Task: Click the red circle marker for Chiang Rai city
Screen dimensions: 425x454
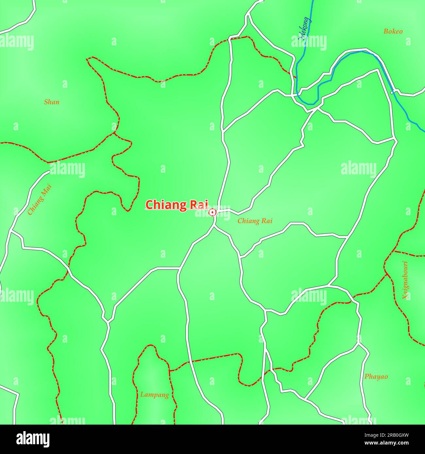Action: [212, 213]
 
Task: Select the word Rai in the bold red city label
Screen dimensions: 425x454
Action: [199, 204]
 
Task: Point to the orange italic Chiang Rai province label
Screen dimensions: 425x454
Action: [255, 221]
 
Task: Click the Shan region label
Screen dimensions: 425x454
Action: [52, 102]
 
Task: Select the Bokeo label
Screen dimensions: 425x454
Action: [393, 31]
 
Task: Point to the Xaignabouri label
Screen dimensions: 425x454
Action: [405, 280]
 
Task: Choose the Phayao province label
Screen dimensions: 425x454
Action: [376, 377]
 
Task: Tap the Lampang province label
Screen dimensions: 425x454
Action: [154, 395]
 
